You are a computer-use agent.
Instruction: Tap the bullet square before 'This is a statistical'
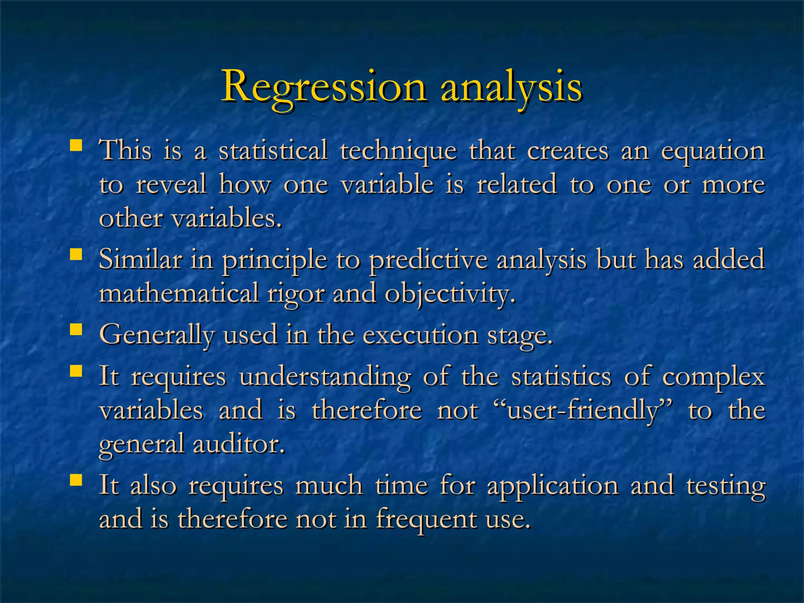(x=75, y=146)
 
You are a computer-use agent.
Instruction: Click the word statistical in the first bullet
(x=273, y=150)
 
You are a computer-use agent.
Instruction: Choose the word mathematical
(x=179, y=293)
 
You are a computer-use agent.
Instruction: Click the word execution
(x=420, y=335)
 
